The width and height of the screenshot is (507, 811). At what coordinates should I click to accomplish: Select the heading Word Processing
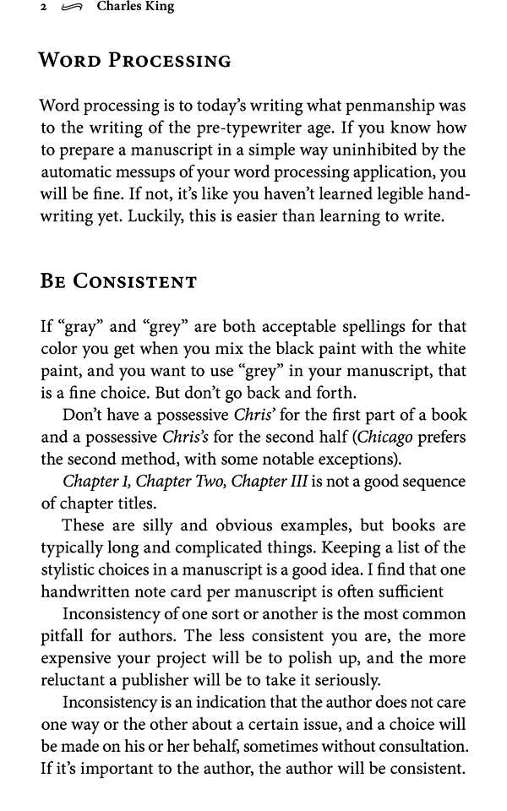135,61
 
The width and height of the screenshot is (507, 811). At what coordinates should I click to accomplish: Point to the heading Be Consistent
118,281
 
